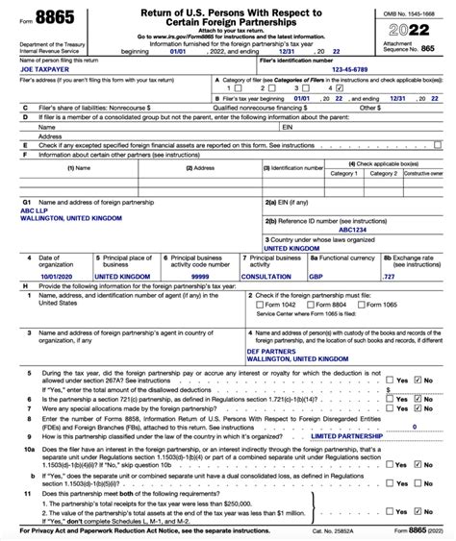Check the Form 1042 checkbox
tap(260, 305)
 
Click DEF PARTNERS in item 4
tap(272, 353)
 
